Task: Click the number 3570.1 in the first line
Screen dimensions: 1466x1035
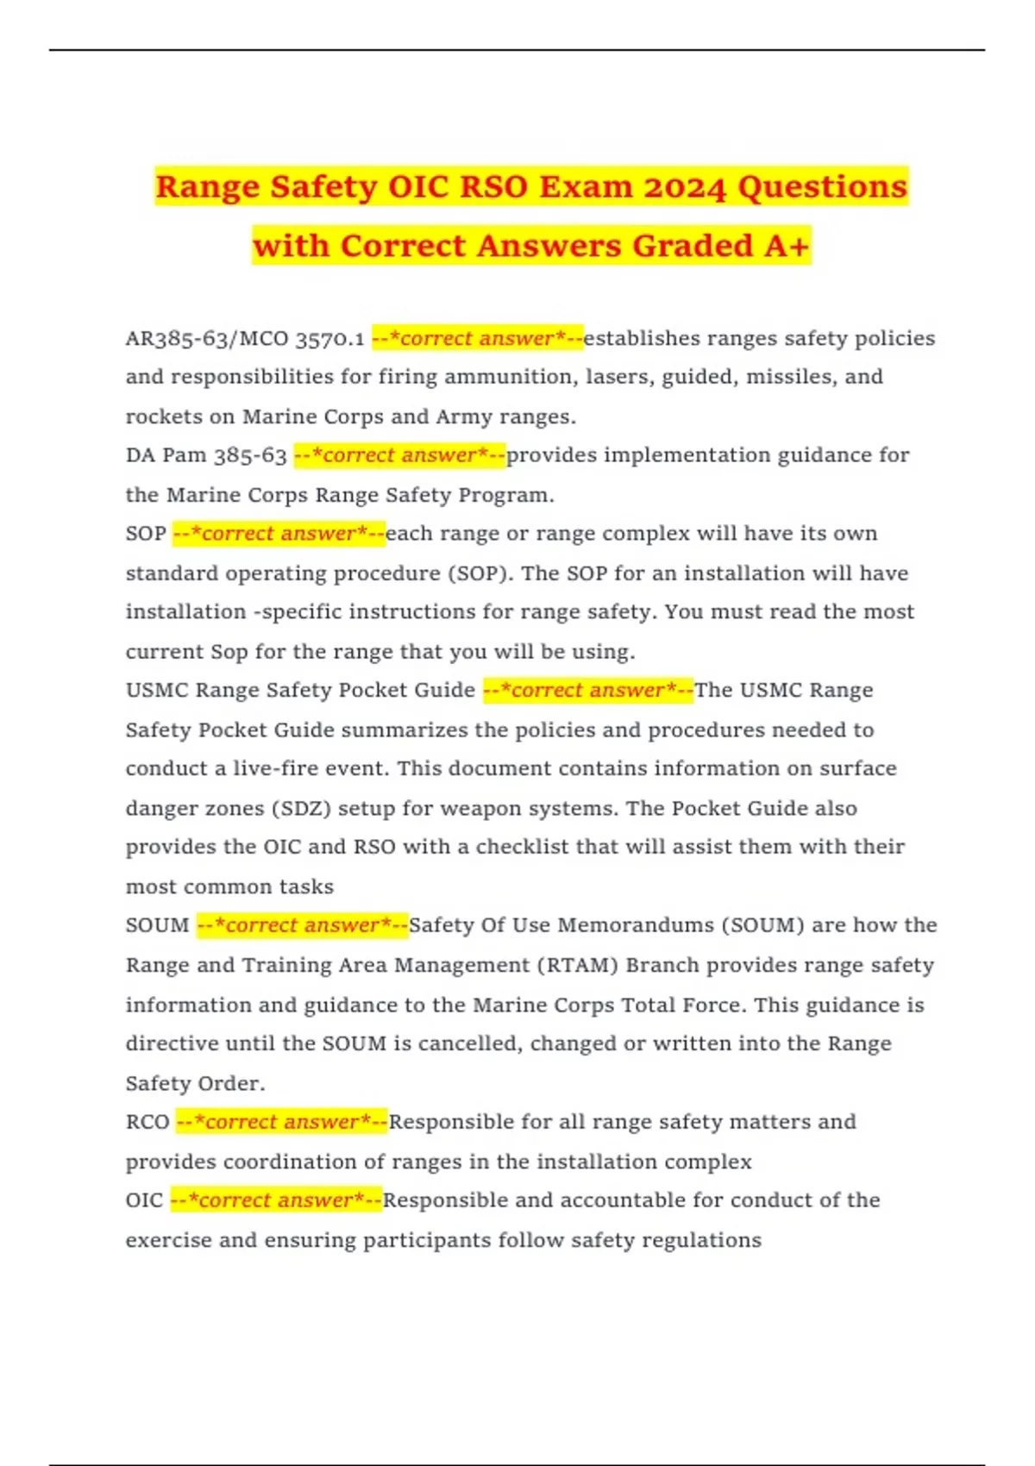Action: [x=329, y=339]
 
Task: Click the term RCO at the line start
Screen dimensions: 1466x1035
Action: [x=147, y=1122]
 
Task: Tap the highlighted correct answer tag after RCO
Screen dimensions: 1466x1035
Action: [x=282, y=1122]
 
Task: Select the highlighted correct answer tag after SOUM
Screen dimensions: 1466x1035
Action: [x=303, y=925]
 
